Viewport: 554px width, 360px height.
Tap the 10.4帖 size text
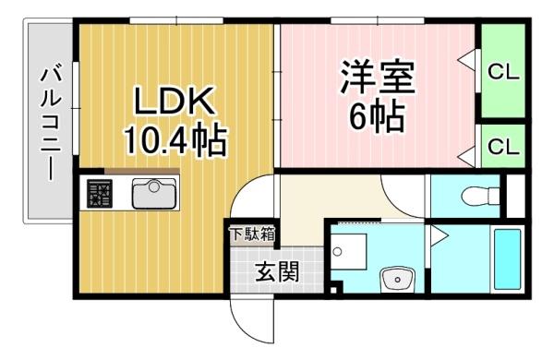(x=175, y=140)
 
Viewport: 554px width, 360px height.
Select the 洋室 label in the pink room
(x=378, y=77)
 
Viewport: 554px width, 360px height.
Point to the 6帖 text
(x=377, y=116)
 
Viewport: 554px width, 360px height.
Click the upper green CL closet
(x=503, y=71)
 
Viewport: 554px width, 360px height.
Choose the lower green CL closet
(x=503, y=146)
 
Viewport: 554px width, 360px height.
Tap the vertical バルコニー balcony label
(x=51, y=125)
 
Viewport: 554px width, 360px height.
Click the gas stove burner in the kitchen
(x=100, y=193)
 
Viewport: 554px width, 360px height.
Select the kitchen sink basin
(x=153, y=194)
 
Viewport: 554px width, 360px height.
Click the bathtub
(x=507, y=259)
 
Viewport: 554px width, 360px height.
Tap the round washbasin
(x=397, y=279)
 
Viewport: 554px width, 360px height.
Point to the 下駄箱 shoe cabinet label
(x=252, y=234)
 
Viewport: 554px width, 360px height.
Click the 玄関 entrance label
(x=277, y=271)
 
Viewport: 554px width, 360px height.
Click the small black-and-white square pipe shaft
(x=334, y=291)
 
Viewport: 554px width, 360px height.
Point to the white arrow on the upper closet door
(x=466, y=60)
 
